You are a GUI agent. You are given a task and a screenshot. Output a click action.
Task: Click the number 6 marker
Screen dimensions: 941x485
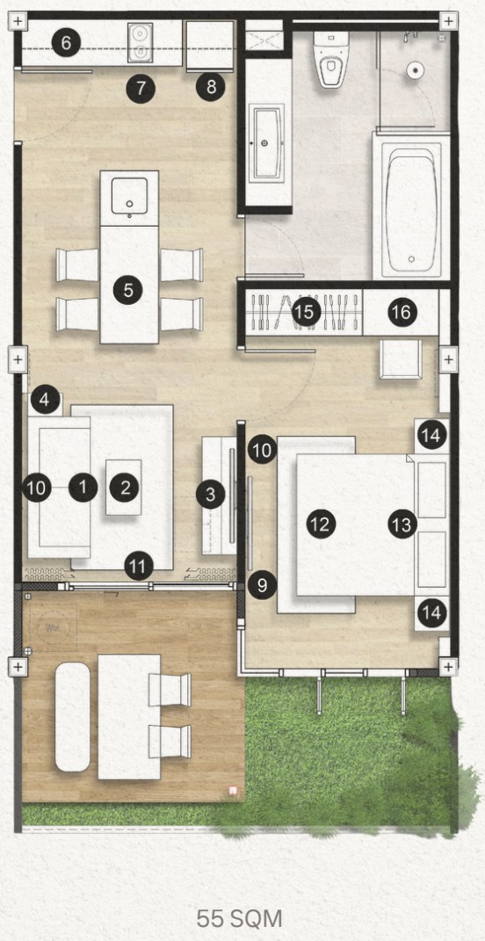[x=65, y=42]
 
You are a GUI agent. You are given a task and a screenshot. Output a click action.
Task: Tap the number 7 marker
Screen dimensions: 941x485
[x=141, y=87]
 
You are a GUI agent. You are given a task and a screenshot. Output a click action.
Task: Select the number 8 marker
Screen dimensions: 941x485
[x=210, y=87]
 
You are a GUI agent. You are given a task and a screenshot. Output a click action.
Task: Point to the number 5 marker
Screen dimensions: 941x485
[x=128, y=288]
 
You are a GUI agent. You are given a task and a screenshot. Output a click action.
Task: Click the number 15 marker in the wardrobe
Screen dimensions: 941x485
[x=307, y=311]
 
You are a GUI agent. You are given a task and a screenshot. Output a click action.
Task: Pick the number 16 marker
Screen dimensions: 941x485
[x=401, y=312]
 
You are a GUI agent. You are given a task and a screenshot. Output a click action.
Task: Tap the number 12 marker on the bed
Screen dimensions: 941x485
[x=321, y=525]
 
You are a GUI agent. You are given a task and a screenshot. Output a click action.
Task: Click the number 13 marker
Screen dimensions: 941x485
[x=402, y=525]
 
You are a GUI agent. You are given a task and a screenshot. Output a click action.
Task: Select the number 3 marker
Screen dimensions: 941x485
[x=210, y=495]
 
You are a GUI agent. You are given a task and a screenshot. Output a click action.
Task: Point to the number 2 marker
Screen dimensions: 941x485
[x=125, y=486]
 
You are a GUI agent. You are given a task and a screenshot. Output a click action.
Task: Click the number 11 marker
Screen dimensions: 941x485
[x=136, y=567]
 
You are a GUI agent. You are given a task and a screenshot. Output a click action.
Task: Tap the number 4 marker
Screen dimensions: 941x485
[x=46, y=401]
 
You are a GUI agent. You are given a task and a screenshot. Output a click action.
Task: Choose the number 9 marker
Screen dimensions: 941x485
[x=262, y=585]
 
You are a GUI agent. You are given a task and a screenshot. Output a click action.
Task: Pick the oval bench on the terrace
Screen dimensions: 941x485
[x=73, y=717]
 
